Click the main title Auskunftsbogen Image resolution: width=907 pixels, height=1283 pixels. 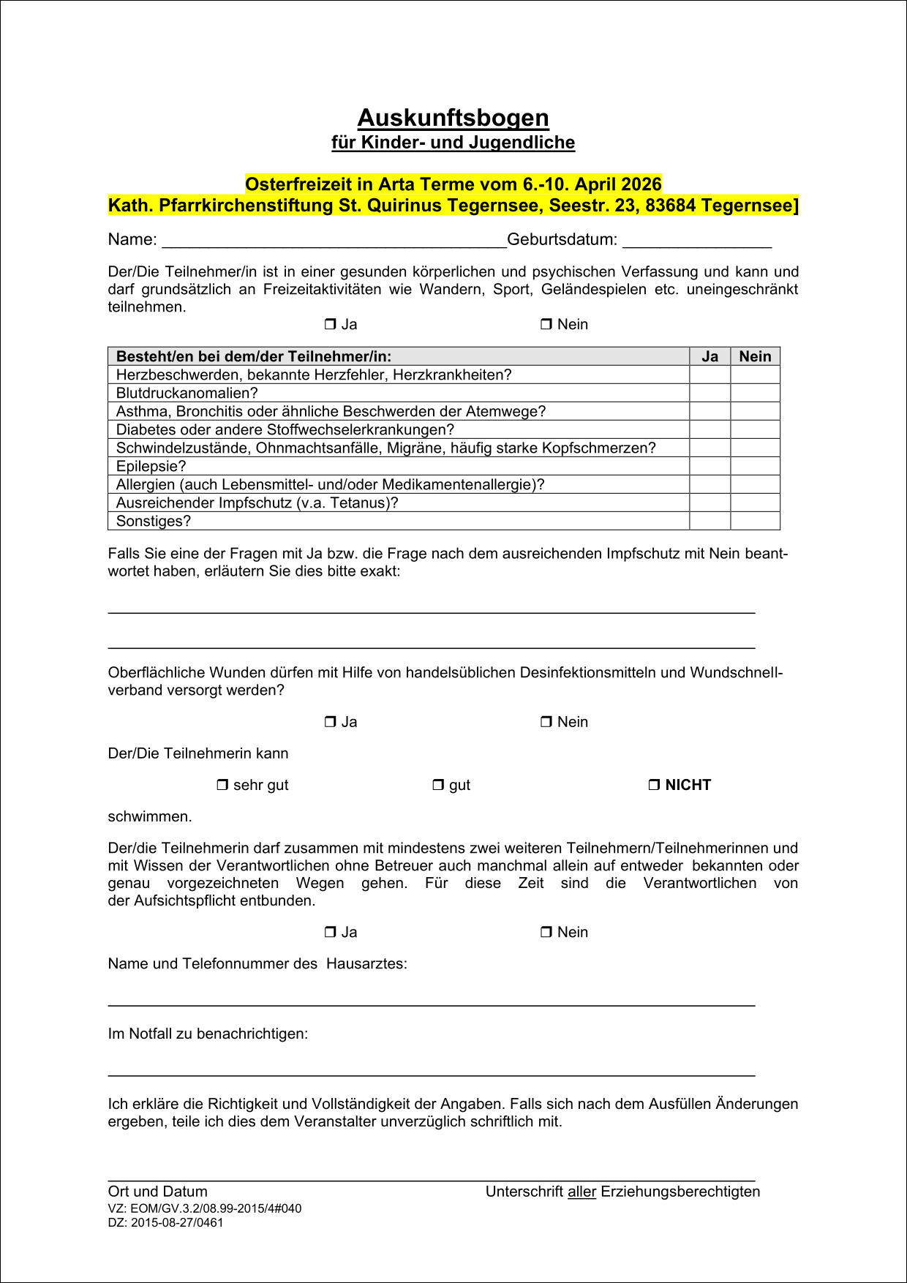point(453,118)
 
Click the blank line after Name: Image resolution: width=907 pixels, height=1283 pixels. point(334,241)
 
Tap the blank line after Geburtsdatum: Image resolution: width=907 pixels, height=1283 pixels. point(696,241)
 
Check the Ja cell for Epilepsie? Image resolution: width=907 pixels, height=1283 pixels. point(710,466)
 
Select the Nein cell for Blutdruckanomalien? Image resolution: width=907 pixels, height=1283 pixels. point(755,393)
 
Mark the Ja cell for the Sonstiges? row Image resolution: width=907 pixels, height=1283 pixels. point(710,521)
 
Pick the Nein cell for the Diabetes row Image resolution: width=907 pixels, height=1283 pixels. point(755,429)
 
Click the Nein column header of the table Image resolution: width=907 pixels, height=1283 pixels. point(755,356)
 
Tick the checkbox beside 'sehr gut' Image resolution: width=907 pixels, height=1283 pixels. point(222,785)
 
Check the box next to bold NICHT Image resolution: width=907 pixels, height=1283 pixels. point(654,785)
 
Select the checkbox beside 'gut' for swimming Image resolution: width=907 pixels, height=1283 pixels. point(438,785)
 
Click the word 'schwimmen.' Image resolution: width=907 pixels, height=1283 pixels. point(150,816)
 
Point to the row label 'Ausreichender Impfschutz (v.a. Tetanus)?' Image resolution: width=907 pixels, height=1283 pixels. point(257,503)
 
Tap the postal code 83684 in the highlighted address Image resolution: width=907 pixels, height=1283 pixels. point(670,206)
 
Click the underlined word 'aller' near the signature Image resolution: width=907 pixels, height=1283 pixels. point(582,1192)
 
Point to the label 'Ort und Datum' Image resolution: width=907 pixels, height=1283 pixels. point(157,1192)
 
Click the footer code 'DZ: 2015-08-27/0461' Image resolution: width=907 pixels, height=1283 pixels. point(165,1222)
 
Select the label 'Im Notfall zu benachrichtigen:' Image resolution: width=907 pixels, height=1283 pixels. point(208,1034)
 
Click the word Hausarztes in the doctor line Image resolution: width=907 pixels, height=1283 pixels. point(366,963)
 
